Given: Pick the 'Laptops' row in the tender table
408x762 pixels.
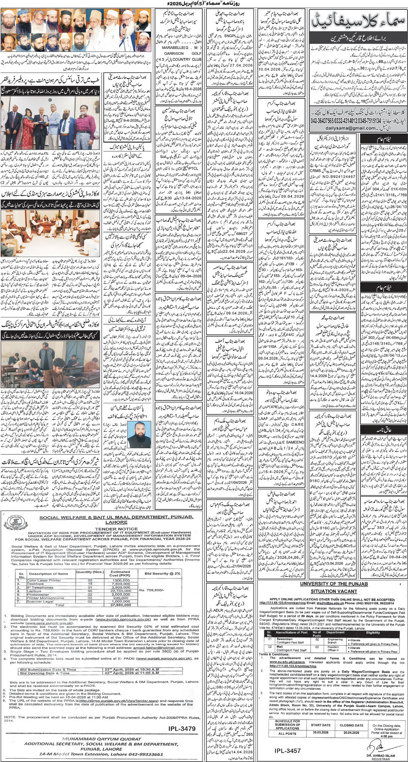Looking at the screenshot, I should point(34,591).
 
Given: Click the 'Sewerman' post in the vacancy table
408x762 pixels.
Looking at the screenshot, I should point(284,639).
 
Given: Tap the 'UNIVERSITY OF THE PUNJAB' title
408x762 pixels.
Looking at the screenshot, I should point(334,584).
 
